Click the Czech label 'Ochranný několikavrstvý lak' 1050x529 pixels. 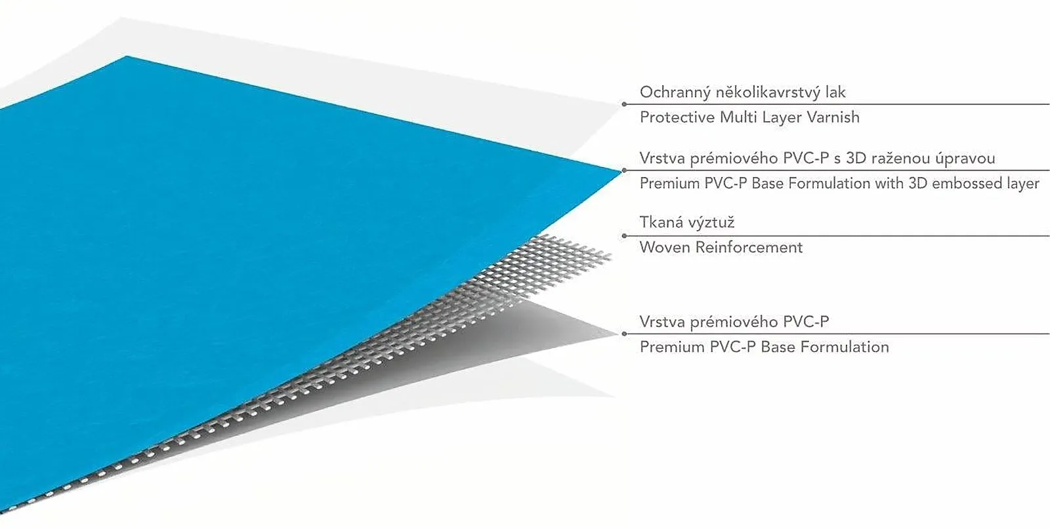742,92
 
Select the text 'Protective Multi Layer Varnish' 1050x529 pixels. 749,117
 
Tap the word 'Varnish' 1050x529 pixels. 833,117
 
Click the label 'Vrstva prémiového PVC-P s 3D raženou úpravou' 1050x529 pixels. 817,158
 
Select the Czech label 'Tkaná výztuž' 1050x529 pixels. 686,222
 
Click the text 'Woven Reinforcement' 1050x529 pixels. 721,247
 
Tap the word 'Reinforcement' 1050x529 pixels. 749,247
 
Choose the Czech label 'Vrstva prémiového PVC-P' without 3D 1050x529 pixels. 734,322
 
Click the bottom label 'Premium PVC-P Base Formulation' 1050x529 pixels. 764,347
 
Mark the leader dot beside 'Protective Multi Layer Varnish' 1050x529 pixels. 624,104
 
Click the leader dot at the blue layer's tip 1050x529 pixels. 624,170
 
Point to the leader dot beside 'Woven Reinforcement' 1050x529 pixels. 624,236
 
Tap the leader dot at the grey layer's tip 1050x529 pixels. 624,334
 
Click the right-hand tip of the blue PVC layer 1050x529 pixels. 621,171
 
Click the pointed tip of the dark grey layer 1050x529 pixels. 617,334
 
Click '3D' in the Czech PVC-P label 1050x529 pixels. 856,158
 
